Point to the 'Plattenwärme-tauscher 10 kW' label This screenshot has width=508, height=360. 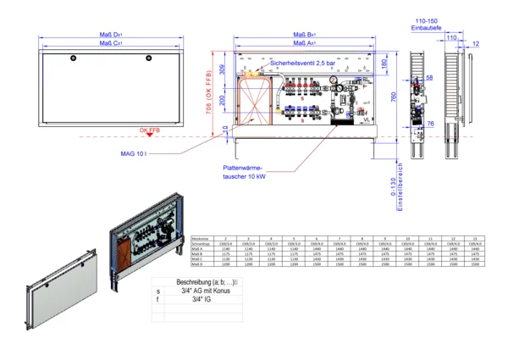(x=246, y=172)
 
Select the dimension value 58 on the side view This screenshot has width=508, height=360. (x=429, y=77)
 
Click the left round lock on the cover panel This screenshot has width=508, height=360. (x=73, y=58)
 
